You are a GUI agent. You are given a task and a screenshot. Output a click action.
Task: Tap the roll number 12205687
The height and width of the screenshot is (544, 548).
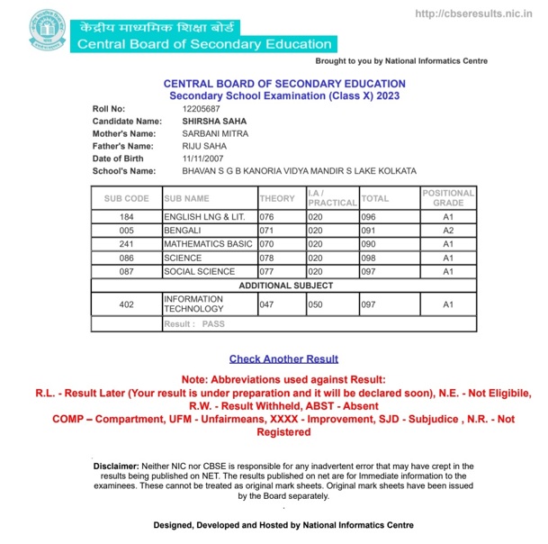point(201,109)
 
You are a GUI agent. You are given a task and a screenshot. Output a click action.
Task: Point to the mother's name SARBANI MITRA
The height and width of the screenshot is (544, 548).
point(215,133)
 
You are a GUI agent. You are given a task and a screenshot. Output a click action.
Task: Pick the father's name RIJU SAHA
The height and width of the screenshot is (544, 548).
point(204,146)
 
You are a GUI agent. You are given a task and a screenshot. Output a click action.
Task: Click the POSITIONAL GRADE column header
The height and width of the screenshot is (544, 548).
point(447,198)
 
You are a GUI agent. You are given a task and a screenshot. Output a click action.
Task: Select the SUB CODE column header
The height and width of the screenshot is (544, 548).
point(126,198)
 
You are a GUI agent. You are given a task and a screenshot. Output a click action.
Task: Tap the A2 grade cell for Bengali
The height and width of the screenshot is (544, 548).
point(447,231)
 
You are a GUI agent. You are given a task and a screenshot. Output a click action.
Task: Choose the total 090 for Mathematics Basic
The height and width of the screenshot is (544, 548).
point(369,244)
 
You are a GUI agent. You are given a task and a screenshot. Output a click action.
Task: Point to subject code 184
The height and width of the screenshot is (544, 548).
point(126,217)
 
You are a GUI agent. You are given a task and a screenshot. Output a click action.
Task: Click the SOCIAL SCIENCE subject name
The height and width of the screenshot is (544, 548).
point(200,271)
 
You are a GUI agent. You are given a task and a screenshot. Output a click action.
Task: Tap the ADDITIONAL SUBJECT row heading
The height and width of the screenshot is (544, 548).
point(285,286)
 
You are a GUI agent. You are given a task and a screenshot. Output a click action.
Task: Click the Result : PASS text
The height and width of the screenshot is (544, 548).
point(194,322)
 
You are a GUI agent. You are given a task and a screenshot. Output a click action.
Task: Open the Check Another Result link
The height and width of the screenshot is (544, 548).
point(283,358)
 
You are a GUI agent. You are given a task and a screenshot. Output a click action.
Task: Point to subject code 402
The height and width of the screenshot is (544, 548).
point(126,305)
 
